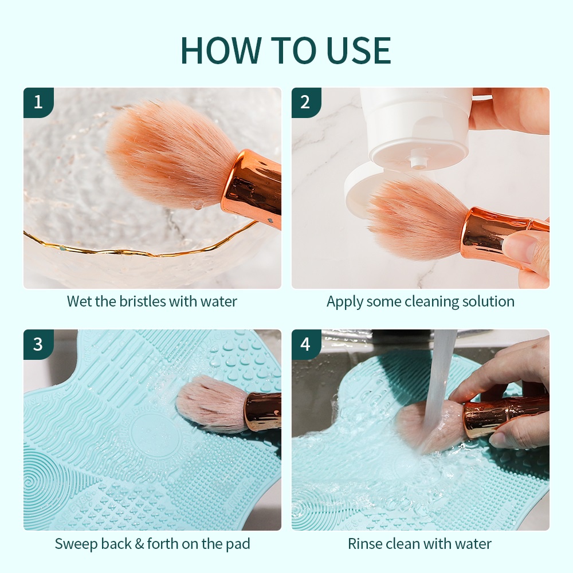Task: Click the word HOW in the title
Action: coord(221,50)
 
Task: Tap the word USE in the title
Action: coord(354,50)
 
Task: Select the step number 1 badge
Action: coord(38,103)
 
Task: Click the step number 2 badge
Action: coord(306,103)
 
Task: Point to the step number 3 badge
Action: coord(38,344)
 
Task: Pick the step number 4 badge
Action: coord(306,344)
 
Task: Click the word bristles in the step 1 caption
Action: coord(143,301)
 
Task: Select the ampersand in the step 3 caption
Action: coord(139,544)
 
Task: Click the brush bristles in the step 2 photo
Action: coord(417,215)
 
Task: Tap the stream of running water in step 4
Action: coord(438,387)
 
